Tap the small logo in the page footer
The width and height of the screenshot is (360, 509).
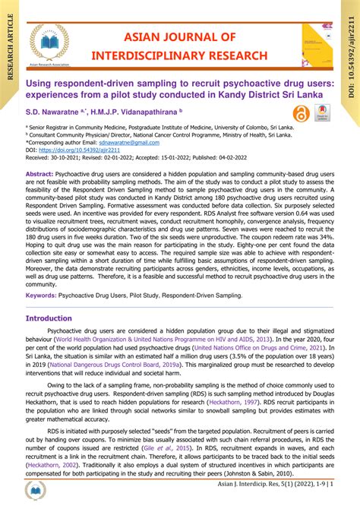point(37,492)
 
